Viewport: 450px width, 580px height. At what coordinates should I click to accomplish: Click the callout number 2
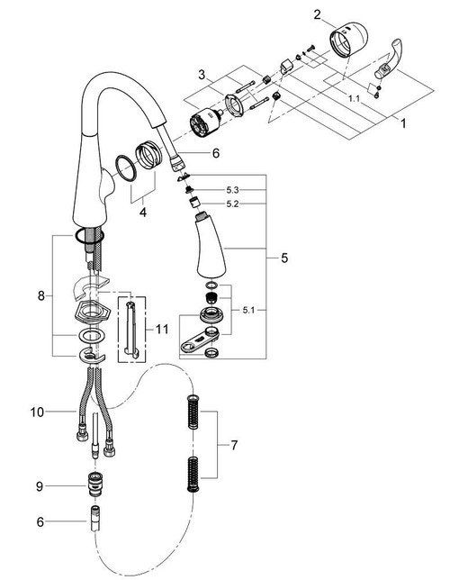click(x=318, y=14)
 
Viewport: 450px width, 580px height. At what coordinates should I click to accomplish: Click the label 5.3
click(x=233, y=190)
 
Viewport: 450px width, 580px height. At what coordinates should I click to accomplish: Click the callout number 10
click(x=35, y=413)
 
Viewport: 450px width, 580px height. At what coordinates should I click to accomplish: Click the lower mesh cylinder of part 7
click(x=190, y=474)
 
